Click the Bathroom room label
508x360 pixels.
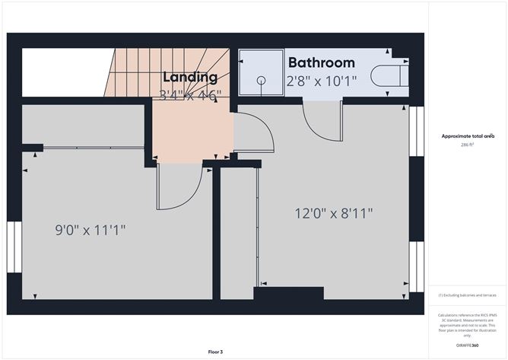tap(321, 62)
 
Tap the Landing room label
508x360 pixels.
tap(190, 77)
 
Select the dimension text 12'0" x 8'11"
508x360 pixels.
tap(334, 213)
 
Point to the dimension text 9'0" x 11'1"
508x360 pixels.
tap(90, 228)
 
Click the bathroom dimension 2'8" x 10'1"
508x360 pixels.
tap(320, 80)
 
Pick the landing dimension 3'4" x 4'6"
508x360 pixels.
tap(190, 94)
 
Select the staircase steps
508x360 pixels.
tap(167, 72)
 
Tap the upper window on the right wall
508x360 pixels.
tap(415, 131)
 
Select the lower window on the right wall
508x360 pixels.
tap(415, 266)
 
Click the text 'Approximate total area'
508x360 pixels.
tap(468, 136)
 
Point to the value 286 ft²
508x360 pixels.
tap(468, 145)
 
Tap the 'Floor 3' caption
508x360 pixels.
tap(216, 352)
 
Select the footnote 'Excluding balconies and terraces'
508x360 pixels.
tap(468, 295)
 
